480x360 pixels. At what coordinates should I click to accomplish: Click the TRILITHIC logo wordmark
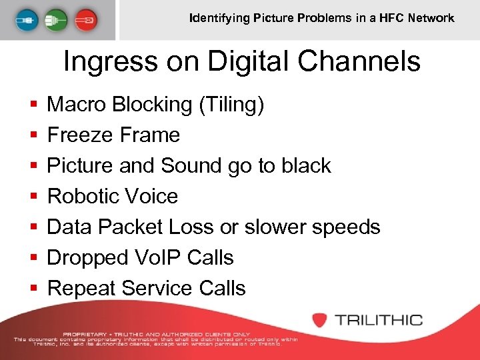(379, 319)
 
